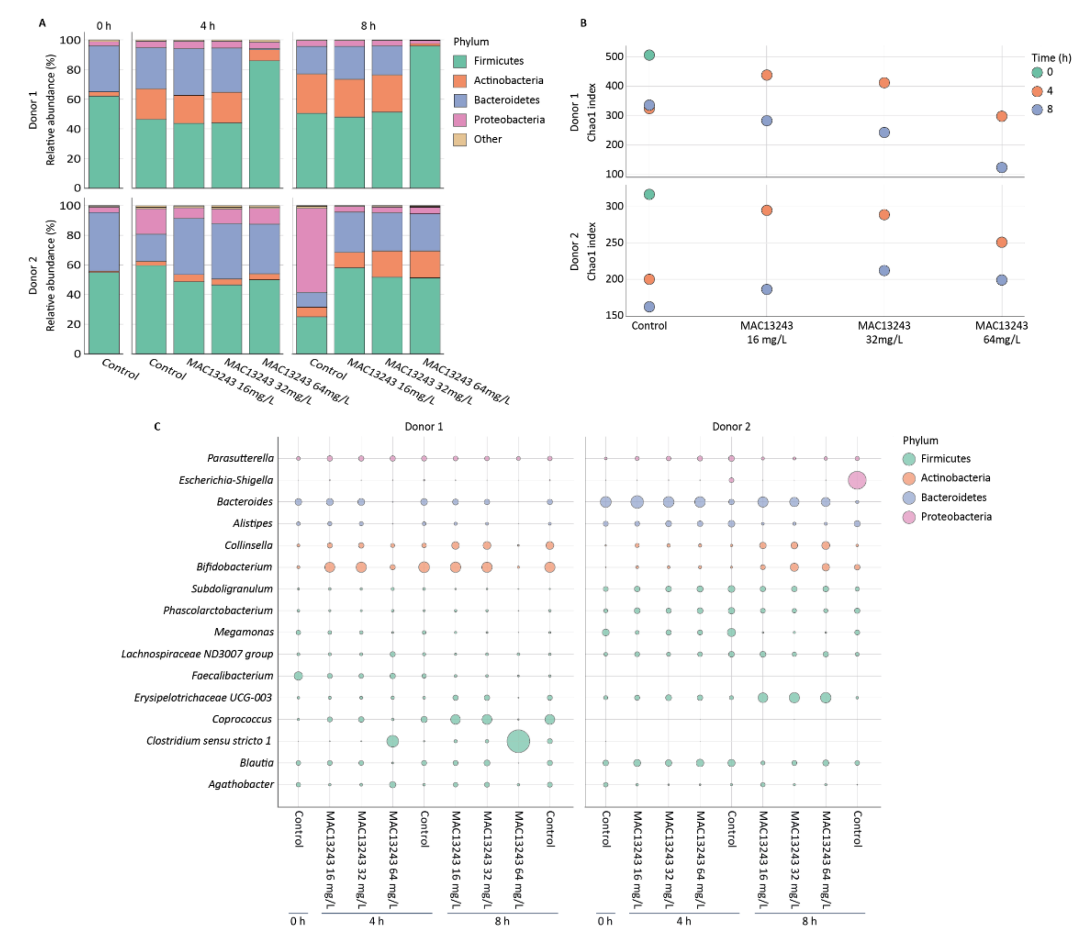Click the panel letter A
pyautogui.click(x=42, y=23)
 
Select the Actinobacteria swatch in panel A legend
pyautogui.click(x=460, y=81)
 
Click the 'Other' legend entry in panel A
pyautogui.click(x=487, y=139)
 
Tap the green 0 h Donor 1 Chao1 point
pyautogui.click(x=649, y=55)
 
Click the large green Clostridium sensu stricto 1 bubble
pyautogui.click(x=518, y=741)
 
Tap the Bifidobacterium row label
pyautogui.click(x=234, y=567)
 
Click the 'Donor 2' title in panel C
pyautogui.click(x=731, y=427)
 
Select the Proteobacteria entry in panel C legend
pyautogui.click(x=955, y=517)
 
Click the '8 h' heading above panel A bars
pyautogui.click(x=368, y=26)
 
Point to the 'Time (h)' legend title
pyautogui.click(x=1051, y=58)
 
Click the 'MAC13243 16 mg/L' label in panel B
pyautogui.click(x=766, y=332)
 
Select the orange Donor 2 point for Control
pyautogui.click(x=649, y=279)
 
